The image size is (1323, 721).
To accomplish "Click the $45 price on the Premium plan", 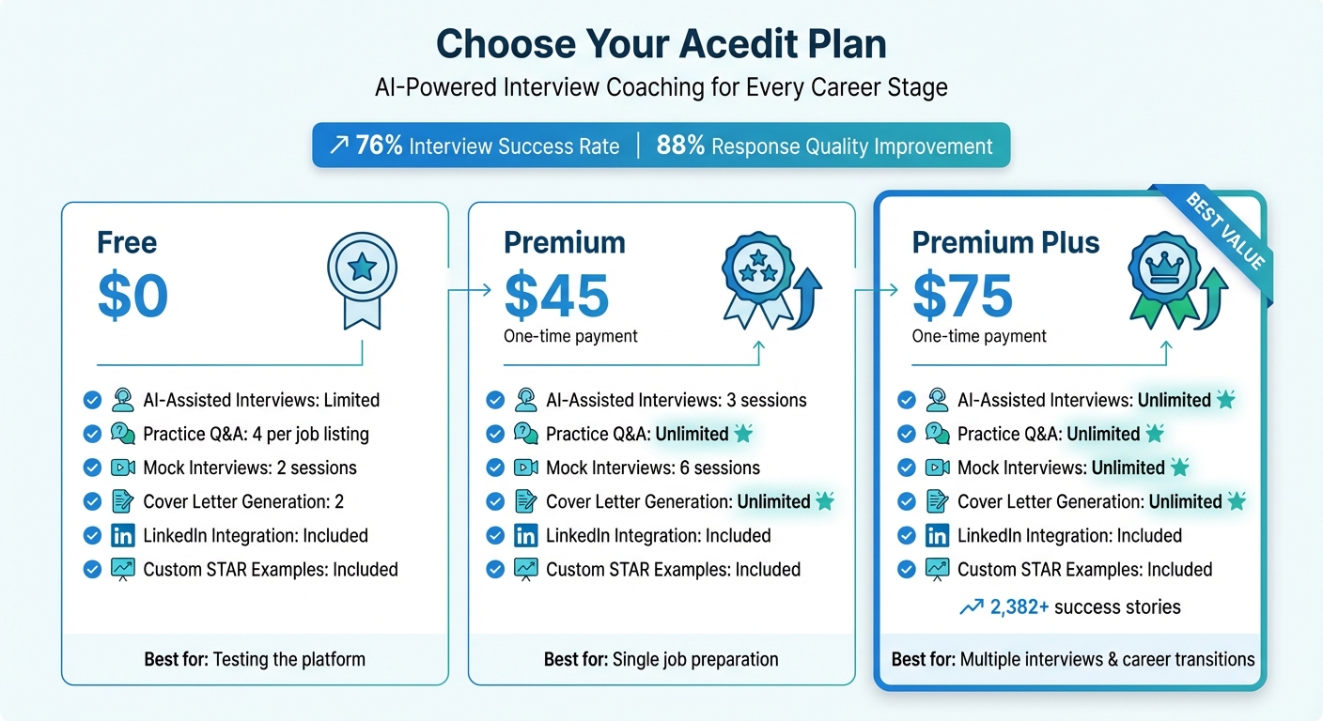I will pos(556,296).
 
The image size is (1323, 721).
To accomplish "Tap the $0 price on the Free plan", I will pos(132,296).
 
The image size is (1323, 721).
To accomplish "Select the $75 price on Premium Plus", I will pos(963,296).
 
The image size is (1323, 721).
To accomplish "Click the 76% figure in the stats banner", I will pos(380,146).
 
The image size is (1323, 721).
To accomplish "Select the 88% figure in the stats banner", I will pos(680,146).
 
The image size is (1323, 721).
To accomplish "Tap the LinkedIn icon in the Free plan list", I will pos(122,536).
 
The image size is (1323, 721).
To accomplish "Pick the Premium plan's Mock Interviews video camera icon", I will pos(526,468).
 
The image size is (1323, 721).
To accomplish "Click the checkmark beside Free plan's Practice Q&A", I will pos(92,434).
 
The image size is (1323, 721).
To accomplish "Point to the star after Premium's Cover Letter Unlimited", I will pos(825,501).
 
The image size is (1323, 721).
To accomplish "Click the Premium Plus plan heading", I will pos(1005,243).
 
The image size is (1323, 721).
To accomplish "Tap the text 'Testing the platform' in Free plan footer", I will pos(289,659).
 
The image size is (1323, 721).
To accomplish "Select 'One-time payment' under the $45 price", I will pos(571,336).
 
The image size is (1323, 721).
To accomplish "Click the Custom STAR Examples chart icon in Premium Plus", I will pos(937,569).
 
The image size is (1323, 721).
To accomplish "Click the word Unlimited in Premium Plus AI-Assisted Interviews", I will pos(1175,400).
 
